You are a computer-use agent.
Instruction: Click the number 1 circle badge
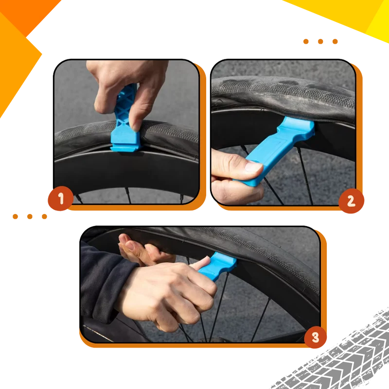click(60, 198)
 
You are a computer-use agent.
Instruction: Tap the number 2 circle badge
click(351, 201)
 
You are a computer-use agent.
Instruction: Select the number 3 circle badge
click(315, 337)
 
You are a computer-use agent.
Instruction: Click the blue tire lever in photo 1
click(125, 124)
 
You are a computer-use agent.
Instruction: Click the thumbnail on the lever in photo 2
click(253, 166)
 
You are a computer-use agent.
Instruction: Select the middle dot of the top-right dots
click(320, 41)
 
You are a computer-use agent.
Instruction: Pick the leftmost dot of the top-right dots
click(306, 41)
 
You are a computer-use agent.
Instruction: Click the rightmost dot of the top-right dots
click(335, 41)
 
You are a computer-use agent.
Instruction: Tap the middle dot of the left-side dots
click(30, 216)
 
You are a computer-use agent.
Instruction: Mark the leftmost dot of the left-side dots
click(15, 216)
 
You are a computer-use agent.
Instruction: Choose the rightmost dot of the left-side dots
click(44, 216)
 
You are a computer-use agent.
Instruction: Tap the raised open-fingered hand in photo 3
click(144, 250)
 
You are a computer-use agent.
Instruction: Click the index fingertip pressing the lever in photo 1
click(136, 125)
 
